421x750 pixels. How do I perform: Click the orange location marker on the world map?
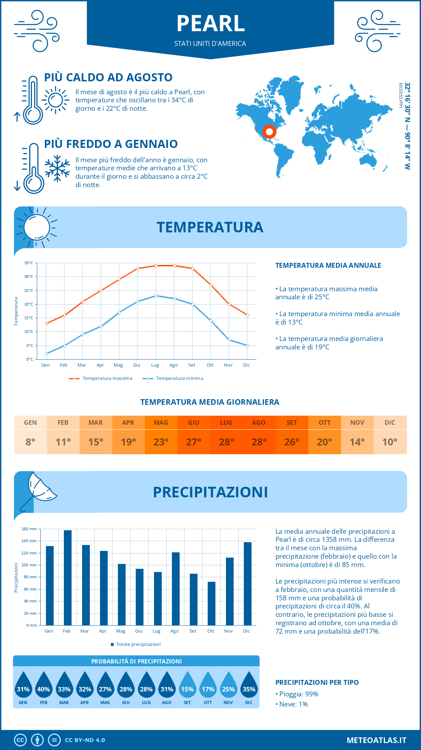(x=269, y=132)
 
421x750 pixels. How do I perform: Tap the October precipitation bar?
(x=211, y=603)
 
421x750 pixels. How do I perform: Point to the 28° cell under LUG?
(x=226, y=442)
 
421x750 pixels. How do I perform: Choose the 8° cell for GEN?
(x=31, y=442)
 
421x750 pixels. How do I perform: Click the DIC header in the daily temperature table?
(x=390, y=423)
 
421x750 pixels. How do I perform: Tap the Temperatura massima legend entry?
(x=101, y=379)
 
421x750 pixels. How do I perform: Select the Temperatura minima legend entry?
(x=173, y=379)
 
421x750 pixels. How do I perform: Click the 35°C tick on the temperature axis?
(x=29, y=263)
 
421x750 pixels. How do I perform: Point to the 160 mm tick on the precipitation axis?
(x=29, y=529)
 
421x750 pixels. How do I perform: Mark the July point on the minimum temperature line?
(x=156, y=296)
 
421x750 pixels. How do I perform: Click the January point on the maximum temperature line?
(x=46, y=323)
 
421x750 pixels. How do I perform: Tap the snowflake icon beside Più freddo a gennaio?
(x=57, y=168)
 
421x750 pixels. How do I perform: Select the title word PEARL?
(x=210, y=23)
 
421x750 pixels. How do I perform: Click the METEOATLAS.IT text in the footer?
(x=376, y=740)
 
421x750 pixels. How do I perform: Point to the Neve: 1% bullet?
(x=292, y=704)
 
